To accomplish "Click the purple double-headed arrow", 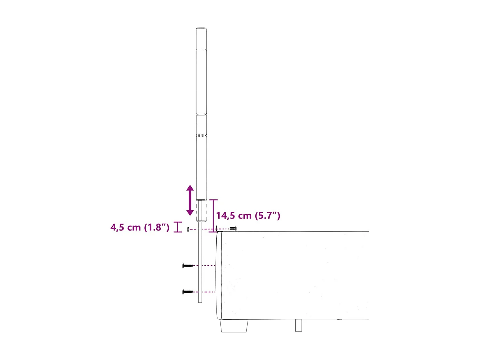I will (x=190, y=200).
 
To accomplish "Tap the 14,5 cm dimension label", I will (x=234, y=216).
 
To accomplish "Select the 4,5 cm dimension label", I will (x=126, y=228).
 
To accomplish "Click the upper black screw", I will (x=188, y=266).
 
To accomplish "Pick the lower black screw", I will (x=188, y=292).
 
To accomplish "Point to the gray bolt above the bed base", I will (x=233, y=228).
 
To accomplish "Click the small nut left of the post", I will (x=188, y=229).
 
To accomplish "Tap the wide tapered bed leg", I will (x=234, y=325).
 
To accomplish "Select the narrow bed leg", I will (x=298, y=325).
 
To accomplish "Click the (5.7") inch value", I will (x=268, y=216).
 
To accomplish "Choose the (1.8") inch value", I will (x=156, y=228).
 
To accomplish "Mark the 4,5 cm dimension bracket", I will (x=178, y=227).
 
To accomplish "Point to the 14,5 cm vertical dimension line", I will (x=213, y=216).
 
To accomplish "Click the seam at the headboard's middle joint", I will (x=201, y=114).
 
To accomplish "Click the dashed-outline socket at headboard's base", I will (x=202, y=211).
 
